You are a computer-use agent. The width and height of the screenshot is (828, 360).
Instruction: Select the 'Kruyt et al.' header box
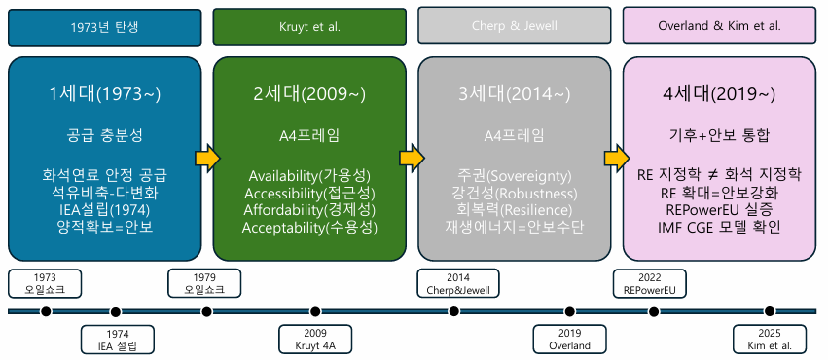(309, 26)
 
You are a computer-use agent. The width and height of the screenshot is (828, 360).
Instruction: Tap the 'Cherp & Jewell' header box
(514, 26)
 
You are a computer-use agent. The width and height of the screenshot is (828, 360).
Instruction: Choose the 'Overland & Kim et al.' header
(719, 26)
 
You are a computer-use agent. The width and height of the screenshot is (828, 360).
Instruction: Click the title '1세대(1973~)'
(104, 94)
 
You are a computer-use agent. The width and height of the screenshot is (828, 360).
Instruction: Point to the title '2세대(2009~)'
(309, 94)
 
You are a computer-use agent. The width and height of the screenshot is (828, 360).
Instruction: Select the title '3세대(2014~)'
(514, 94)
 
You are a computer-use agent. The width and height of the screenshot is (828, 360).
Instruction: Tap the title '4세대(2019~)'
(719, 94)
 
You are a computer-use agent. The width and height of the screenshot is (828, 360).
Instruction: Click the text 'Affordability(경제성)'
(309, 209)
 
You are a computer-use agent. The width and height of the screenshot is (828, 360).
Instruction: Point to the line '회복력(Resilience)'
(514, 209)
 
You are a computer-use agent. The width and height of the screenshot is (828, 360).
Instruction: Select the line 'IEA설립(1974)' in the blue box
(104, 209)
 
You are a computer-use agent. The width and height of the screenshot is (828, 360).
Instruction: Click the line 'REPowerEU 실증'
(719, 209)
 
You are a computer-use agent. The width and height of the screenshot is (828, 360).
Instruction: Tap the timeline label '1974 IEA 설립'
(116, 340)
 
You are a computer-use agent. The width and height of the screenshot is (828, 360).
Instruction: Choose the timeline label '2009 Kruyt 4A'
(316, 340)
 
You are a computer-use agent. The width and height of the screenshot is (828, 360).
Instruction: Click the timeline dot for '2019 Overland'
(569, 311)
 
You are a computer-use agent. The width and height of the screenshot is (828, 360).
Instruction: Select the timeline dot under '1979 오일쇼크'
(206, 311)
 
